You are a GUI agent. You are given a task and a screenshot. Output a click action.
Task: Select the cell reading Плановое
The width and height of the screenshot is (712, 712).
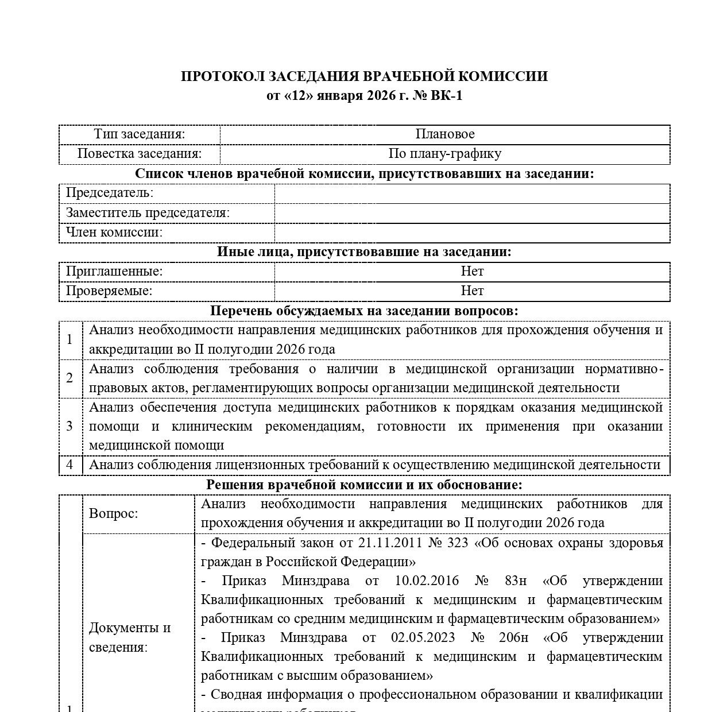pyautogui.click(x=445, y=134)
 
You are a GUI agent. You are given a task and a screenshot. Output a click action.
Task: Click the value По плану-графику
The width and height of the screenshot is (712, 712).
pyautogui.click(x=445, y=154)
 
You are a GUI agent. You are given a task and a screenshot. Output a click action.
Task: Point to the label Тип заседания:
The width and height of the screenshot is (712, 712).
pyautogui.click(x=140, y=134)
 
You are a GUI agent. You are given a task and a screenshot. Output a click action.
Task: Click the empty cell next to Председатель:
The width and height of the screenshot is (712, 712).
pyautogui.click(x=472, y=194)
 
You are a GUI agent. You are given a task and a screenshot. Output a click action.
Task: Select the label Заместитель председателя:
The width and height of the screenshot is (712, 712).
pyautogui.click(x=148, y=213)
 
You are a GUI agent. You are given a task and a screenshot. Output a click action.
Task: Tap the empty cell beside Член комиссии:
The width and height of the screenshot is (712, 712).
pyautogui.click(x=472, y=233)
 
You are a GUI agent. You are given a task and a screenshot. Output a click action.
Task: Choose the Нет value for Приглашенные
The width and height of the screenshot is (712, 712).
pyautogui.click(x=472, y=271)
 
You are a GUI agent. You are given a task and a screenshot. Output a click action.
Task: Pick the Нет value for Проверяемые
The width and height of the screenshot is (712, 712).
pyautogui.click(x=472, y=291)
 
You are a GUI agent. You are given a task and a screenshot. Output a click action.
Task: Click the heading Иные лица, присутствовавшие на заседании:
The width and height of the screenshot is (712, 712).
pyautogui.click(x=364, y=251)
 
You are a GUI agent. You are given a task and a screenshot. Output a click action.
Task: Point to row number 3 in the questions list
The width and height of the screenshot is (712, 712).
pyautogui.click(x=70, y=426)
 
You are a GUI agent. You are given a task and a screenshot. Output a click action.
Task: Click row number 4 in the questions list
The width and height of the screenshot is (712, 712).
pyautogui.click(x=70, y=465)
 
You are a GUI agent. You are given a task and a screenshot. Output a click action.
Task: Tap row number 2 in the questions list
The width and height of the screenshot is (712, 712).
pyautogui.click(x=70, y=378)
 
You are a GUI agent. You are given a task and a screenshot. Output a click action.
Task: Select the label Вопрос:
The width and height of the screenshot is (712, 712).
pyautogui.click(x=114, y=513)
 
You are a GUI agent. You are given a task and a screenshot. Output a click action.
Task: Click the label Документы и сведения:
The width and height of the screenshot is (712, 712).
pyautogui.click(x=130, y=637)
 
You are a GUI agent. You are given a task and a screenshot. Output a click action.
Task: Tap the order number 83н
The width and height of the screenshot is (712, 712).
pyautogui.click(x=514, y=581)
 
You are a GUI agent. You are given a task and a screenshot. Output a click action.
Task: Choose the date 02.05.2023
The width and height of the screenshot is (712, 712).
pyautogui.click(x=423, y=637)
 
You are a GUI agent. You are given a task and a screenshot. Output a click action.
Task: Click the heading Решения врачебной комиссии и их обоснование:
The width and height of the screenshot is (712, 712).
pyautogui.click(x=364, y=485)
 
